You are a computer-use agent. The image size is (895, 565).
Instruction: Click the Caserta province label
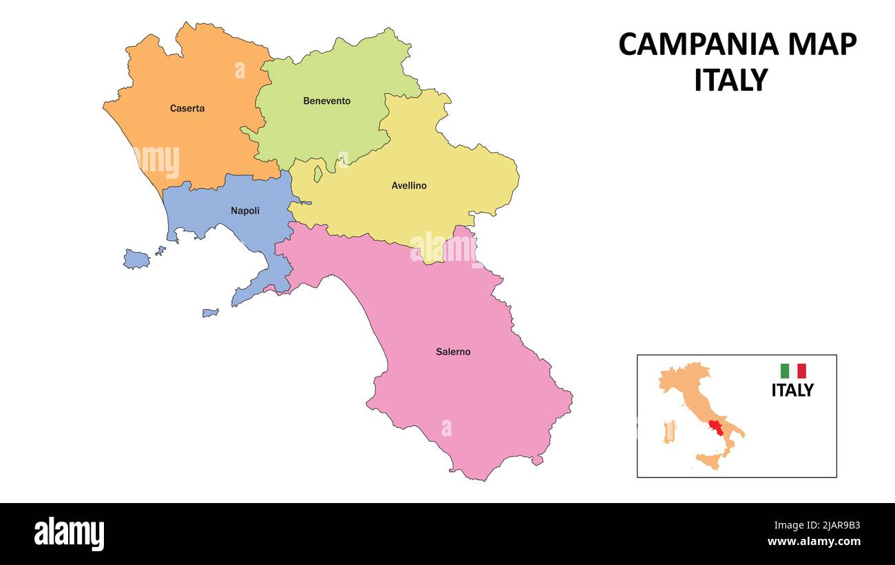[187, 108]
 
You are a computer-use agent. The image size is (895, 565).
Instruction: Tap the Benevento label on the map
[326, 101]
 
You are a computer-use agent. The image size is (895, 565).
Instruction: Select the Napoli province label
[245, 211]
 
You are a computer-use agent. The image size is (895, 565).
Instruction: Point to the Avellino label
[409, 186]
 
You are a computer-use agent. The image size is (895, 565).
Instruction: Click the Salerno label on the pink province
[453, 352]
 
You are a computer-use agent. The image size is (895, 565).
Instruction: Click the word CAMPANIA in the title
[698, 45]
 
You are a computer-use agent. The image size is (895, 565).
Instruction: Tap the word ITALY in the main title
[730, 81]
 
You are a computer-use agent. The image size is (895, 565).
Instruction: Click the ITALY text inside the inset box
[792, 390]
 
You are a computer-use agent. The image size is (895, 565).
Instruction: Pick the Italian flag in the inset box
[792, 371]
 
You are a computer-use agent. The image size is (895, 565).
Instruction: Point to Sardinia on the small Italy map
[668, 431]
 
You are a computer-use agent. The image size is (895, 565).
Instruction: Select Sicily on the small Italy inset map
[709, 460]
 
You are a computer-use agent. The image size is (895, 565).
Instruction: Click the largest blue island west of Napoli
[136, 259]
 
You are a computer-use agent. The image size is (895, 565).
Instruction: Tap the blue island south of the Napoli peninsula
[210, 312]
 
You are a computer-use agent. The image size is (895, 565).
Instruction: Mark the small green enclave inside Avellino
[318, 173]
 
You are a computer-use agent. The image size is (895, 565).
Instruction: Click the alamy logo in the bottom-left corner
[69, 533]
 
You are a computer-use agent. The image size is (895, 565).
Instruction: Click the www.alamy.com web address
[813, 542]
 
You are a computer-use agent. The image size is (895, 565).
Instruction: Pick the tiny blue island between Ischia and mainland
[160, 251]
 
